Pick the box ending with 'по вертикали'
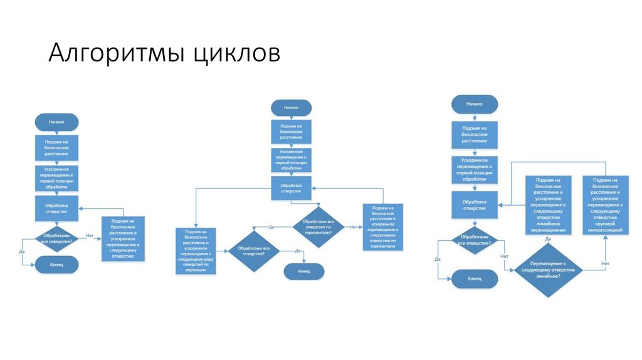[x=197, y=250]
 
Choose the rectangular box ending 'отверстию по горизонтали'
[x=383, y=227]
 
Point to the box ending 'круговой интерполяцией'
[x=606, y=204]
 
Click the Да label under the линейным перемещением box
[x=548, y=239]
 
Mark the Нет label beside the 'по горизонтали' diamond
[x=353, y=226]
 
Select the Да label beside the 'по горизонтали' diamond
[x=272, y=226]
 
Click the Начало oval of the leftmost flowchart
[x=57, y=122]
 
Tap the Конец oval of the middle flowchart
[x=304, y=271]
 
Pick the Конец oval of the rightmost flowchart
[x=475, y=277]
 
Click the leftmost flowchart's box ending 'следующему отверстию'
[x=123, y=238]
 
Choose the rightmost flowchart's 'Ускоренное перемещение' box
[x=474, y=169]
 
